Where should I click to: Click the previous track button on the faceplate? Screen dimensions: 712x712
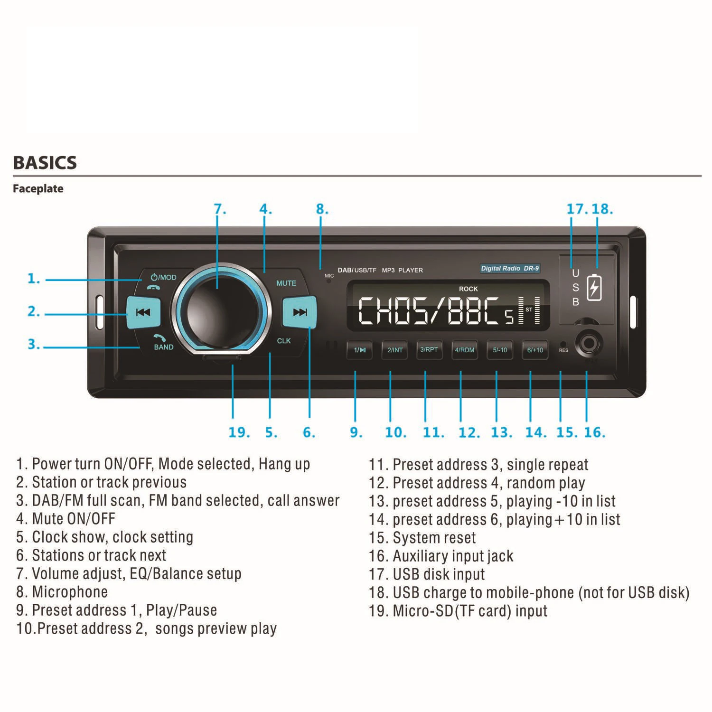[143, 312]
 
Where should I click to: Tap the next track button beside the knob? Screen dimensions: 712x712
[300, 312]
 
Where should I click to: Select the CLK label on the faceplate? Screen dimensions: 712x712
[284, 341]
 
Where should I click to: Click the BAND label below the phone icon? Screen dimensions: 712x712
[164, 347]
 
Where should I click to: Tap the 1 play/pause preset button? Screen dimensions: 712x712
[359, 350]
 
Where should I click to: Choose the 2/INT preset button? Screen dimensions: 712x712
[395, 350]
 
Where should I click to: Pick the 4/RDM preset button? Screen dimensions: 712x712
[465, 350]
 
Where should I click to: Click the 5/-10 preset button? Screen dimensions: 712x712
[500, 350]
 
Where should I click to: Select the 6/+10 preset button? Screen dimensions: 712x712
[535, 350]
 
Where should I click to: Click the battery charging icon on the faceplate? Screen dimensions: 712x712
[594, 287]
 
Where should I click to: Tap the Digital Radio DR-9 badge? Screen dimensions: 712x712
[510, 268]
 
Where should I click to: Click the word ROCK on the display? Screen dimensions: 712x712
[468, 289]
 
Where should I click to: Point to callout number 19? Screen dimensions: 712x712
[239, 432]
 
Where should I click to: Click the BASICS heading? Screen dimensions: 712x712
[45, 163]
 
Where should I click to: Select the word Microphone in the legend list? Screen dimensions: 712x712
[70, 592]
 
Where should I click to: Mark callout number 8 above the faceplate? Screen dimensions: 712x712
[322, 209]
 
